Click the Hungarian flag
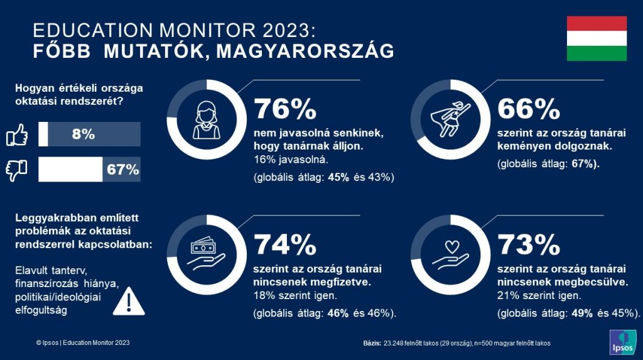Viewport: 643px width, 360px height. [597, 38]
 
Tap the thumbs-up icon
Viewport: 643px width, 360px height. [18, 134]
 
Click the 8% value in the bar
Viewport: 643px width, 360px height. [83, 134]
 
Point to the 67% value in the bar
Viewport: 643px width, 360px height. [122, 170]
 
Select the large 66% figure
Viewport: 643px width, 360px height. [528, 109]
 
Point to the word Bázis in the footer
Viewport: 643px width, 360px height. [372, 343]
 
